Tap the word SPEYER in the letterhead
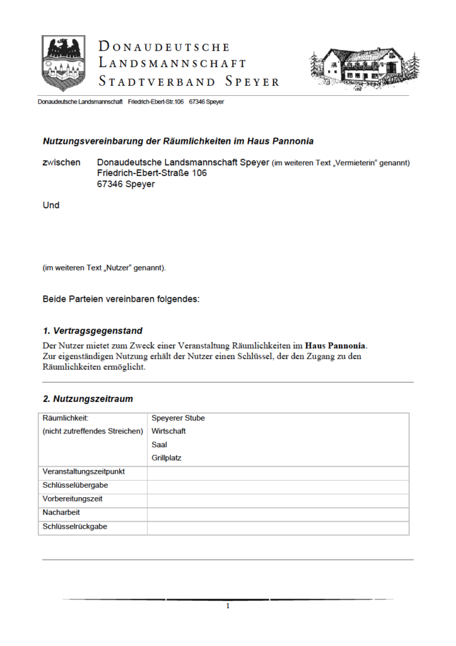252,82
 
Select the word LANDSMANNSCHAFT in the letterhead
172,64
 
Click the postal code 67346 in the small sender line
197,102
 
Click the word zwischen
61,163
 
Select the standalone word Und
51,205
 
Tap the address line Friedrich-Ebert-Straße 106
152,173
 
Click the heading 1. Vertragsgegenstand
92,331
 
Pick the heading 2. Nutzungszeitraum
88,399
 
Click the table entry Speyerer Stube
178,418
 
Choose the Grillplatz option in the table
166,458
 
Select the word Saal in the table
159,445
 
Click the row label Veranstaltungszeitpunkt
83,472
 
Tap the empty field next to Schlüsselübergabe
278,486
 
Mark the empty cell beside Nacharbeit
278,513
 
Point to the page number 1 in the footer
228,606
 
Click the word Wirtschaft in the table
168,432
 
